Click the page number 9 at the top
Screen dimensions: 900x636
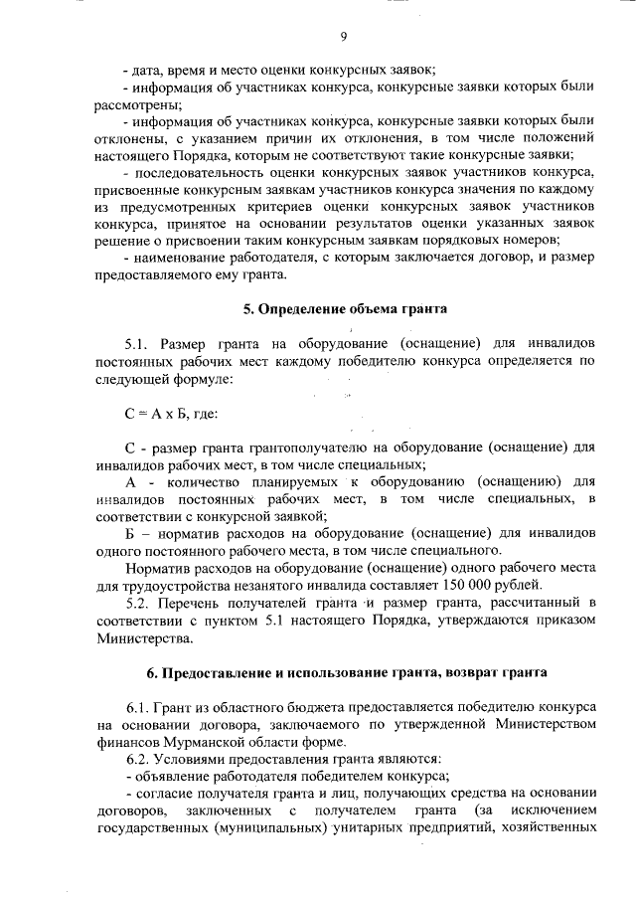343,37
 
